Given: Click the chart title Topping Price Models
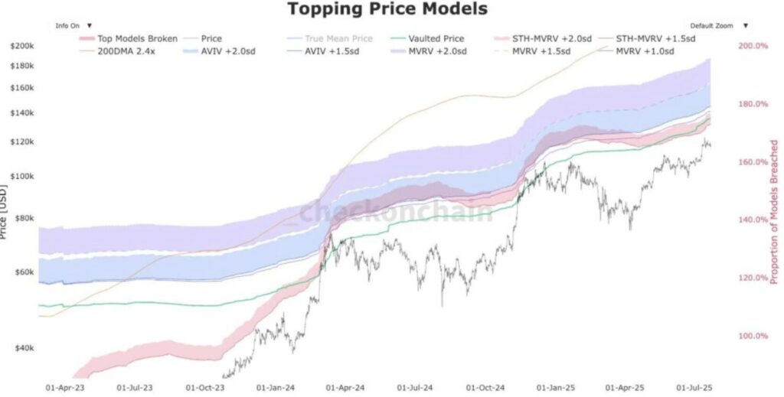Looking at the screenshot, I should coord(387,10).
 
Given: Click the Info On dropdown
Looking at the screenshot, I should coord(73,25).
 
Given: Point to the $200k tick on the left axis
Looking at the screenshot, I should coord(21,46).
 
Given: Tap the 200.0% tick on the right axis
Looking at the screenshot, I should coord(753,46).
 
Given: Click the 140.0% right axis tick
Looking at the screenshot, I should coord(753,220).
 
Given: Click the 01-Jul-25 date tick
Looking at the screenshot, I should coord(694,389).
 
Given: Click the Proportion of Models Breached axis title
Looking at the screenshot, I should coord(774,212).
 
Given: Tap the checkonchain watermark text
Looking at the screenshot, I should coord(396,212).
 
